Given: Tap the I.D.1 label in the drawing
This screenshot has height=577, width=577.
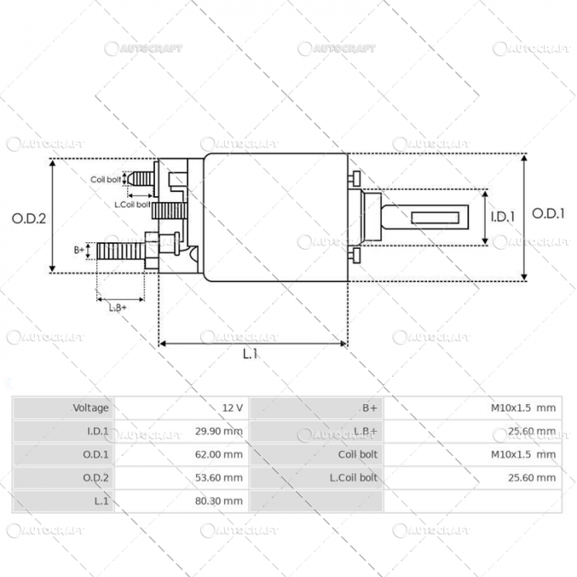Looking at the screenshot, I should (x=503, y=218).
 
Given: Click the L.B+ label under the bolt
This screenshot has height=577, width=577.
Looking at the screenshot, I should (x=118, y=307).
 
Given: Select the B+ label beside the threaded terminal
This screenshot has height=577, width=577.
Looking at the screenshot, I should (x=79, y=248).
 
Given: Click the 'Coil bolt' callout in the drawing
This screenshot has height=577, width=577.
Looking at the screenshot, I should (x=106, y=179).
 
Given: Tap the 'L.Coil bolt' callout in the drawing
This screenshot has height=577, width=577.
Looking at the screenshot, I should (x=132, y=204).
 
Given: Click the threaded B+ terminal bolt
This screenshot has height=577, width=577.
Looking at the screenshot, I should (x=120, y=248).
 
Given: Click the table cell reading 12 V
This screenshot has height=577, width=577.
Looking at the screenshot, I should (x=232, y=408).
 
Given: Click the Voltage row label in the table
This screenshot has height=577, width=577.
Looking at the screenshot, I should (x=91, y=408).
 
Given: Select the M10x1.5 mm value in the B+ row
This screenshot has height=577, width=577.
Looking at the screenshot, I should (x=523, y=408).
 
